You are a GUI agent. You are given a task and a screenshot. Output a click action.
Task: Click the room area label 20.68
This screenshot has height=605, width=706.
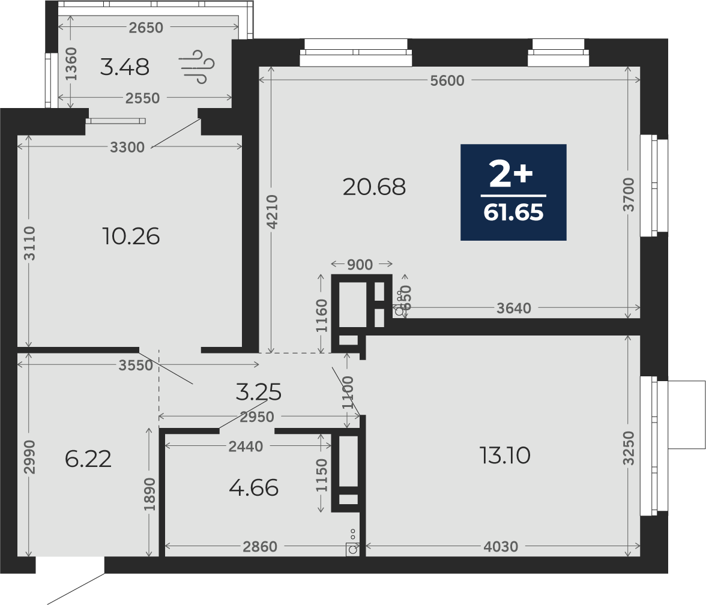coord(374,187)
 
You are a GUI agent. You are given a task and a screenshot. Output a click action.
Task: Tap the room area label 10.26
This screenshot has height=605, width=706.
coord(131,236)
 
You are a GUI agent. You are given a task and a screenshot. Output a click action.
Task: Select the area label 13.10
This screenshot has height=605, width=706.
coord(505,456)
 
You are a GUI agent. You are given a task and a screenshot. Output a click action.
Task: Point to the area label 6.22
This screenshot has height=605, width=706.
coord(88,459)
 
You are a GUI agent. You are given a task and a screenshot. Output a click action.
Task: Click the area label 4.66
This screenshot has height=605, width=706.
coord(254,488)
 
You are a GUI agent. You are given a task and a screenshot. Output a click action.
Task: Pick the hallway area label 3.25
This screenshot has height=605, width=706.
coord(259,392)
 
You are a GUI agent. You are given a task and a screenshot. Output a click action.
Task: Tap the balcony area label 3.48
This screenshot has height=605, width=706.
coord(124,67)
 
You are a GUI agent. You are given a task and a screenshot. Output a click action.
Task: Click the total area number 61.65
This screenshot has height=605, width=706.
coord(513,212)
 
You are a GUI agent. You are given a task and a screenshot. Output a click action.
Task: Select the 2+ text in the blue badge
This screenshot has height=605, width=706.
coord(511,175)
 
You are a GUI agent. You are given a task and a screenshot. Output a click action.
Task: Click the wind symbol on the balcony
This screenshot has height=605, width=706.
coord(196,67)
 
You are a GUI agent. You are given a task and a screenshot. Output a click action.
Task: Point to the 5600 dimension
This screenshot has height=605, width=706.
coord(447,80)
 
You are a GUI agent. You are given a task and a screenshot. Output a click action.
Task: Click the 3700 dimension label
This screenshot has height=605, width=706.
coord(629,194)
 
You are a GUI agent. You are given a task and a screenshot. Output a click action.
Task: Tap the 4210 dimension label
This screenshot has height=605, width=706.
coord(273,211)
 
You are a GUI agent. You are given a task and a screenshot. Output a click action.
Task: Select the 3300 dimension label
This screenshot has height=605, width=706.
coord(127,147)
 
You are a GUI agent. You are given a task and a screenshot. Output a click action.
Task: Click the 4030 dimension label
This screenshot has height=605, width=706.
coord(501,546)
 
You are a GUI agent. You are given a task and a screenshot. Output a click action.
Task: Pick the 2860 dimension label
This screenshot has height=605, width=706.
coord(260,546)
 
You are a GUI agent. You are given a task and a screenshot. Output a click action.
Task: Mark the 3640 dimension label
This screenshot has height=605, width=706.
coord(514,309)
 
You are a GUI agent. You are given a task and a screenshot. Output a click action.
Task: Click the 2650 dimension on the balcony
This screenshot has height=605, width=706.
coord(146,28)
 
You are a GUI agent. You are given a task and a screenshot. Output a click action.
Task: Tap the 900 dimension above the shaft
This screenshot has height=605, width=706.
coord(360,265)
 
